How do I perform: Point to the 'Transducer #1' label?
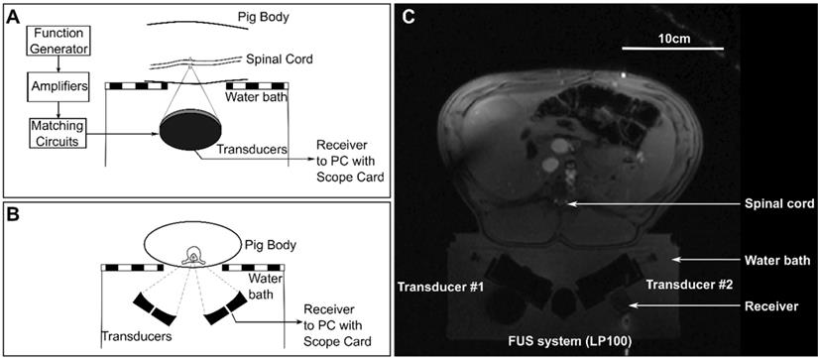pos(439,286)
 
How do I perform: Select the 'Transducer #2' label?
pos(689,285)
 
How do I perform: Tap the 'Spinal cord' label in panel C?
pos(777,204)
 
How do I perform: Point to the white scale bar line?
pos(673,49)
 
